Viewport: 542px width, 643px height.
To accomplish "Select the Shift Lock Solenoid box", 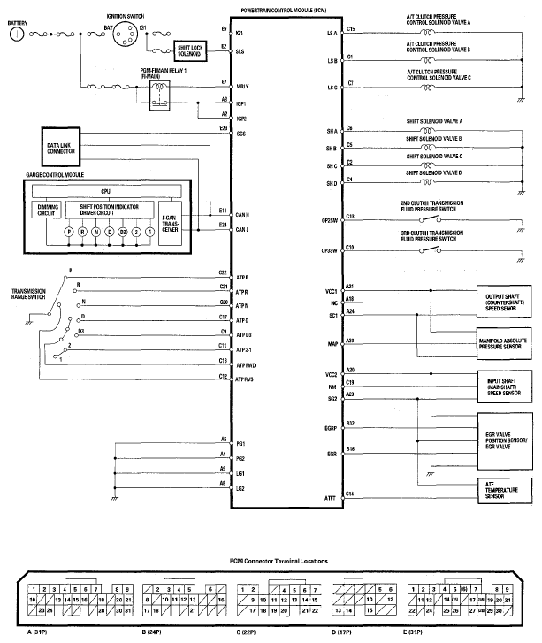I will pos(188,52).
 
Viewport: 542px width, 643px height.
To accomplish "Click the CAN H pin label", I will pos(243,215).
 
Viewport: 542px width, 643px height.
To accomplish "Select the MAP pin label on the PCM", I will pos(332,345).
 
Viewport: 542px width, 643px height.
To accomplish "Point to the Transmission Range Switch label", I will pos(29,292).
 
